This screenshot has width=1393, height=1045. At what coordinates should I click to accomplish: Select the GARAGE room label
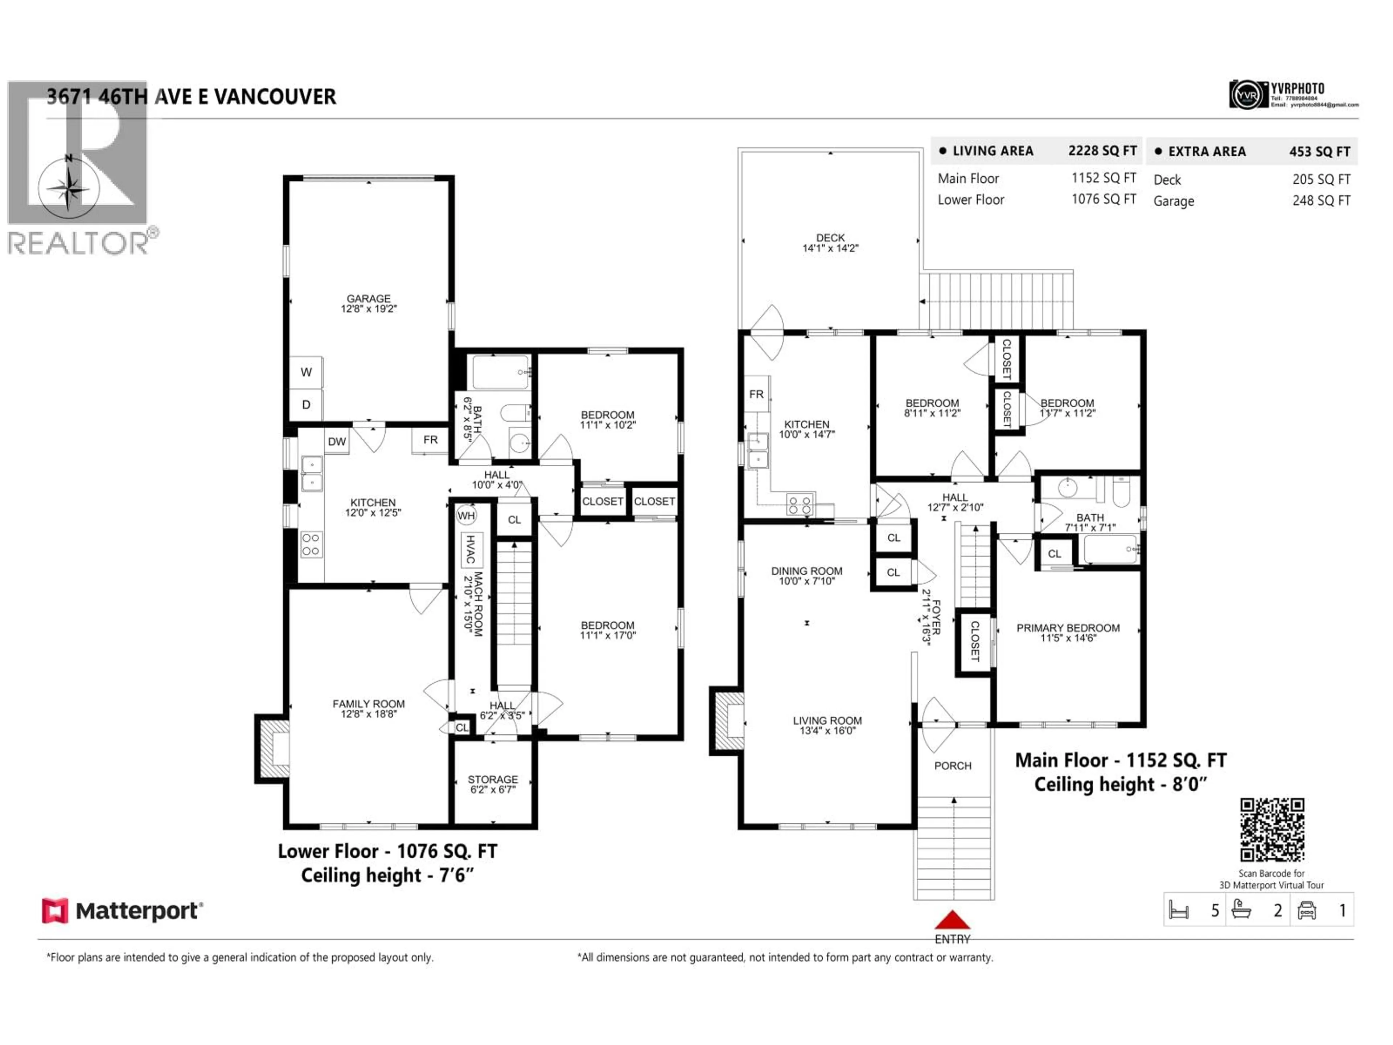coord(369,299)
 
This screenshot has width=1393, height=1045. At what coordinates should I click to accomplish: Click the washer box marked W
coord(306,372)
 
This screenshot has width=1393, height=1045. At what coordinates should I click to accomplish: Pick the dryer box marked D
coord(306,405)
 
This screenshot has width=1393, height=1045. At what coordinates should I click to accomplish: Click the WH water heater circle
coord(466,516)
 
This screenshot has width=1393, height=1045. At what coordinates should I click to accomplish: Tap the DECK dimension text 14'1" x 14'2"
coord(830,248)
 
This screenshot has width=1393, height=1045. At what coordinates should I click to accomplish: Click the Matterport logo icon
coord(55,911)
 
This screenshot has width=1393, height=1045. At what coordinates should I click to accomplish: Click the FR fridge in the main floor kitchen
coord(756,394)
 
